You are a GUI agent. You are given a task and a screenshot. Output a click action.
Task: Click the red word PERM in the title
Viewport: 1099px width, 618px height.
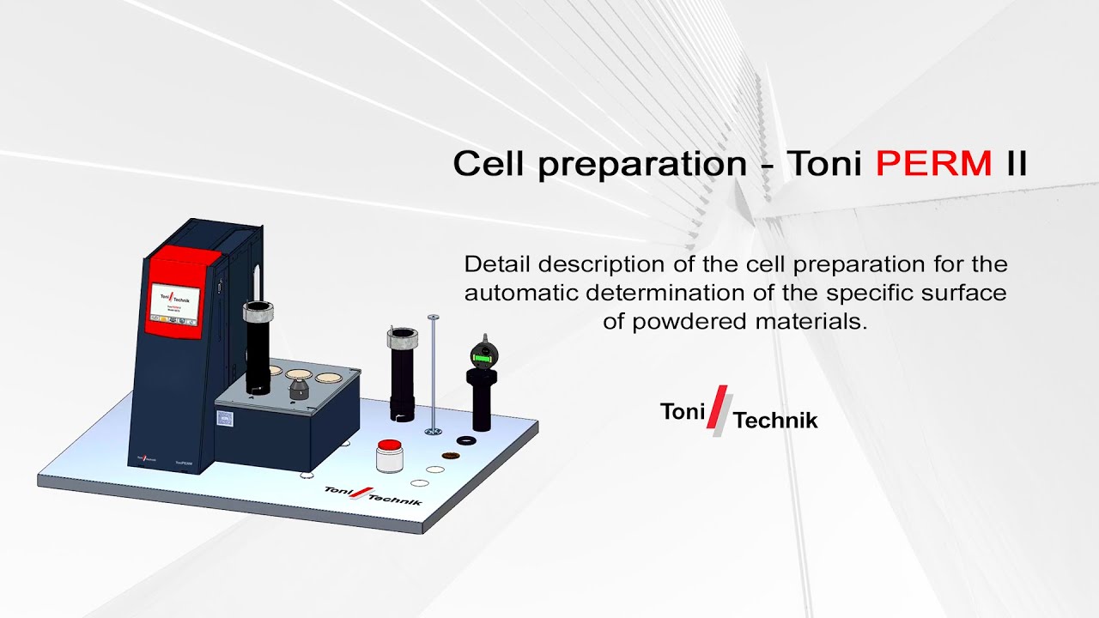point(933,163)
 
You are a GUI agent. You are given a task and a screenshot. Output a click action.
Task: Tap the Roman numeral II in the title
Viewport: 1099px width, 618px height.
point(1016,163)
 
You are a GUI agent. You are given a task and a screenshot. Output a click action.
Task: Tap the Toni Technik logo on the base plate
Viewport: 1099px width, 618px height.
point(373,495)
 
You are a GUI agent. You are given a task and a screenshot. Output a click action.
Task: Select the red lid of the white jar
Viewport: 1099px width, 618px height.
point(391,445)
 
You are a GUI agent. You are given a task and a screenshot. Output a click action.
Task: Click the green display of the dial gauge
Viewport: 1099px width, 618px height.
point(483,354)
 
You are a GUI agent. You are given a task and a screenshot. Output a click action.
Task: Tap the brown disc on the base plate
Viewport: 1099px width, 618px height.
point(448,454)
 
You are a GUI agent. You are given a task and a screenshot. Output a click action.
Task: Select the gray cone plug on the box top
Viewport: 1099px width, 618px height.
point(299,388)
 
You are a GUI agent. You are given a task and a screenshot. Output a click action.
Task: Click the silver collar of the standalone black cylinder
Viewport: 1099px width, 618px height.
point(402,338)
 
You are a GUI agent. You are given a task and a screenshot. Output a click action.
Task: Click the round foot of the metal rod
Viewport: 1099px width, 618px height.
point(434,428)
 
